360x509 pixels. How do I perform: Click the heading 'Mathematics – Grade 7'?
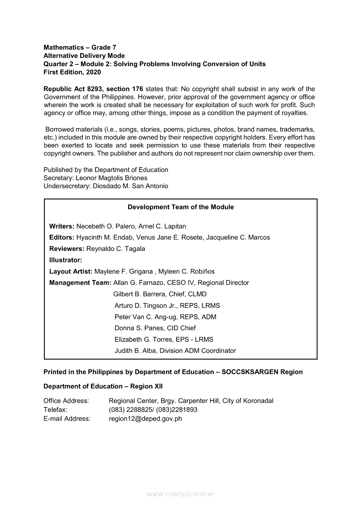tap(80, 47)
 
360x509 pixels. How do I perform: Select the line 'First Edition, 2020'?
tap(72, 72)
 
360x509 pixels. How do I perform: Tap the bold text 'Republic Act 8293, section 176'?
tap(93, 89)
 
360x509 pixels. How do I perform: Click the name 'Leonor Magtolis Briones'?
tap(112, 178)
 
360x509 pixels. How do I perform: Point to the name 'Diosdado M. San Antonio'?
tap(130, 186)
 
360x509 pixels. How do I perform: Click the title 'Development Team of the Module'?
tap(180, 207)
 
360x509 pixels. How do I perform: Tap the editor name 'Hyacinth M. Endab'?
tap(104, 238)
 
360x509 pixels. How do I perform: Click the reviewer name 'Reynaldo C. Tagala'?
tap(116, 249)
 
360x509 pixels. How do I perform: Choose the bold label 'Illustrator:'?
tap(66, 260)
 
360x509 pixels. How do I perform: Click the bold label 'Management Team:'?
tap(80, 283)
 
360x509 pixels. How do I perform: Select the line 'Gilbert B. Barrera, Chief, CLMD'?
tap(160, 294)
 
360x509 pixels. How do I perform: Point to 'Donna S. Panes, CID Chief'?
tap(155, 328)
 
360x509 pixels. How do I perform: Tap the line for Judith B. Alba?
tap(175, 351)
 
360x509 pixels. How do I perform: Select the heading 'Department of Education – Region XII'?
tap(103, 387)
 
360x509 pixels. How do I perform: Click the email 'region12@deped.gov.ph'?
tap(146, 419)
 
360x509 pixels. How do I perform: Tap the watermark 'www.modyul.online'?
tap(180, 494)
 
